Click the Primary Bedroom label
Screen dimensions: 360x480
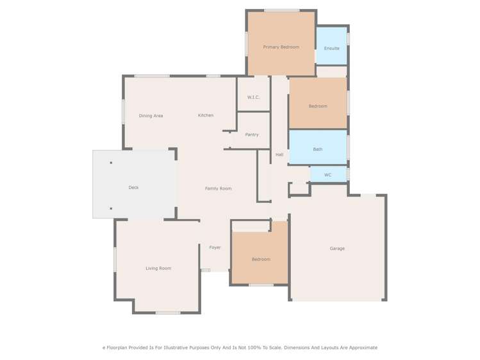(x=281, y=47)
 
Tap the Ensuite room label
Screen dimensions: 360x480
(x=331, y=48)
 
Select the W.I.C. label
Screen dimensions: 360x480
(x=252, y=97)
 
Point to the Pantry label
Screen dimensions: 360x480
(x=252, y=135)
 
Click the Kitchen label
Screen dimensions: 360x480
(x=206, y=115)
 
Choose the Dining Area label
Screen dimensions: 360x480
(x=151, y=116)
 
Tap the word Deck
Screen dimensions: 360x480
(x=133, y=188)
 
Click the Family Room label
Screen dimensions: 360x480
(x=218, y=188)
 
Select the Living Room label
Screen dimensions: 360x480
(x=158, y=268)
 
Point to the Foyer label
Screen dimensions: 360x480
(x=215, y=247)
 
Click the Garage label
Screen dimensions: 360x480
(x=337, y=249)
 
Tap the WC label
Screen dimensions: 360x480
(x=327, y=175)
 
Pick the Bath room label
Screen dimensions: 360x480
(x=318, y=149)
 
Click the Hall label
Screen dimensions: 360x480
(x=279, y=154)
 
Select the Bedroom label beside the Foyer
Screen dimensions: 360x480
(x=261, y=259)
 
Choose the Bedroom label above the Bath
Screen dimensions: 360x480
(x=318, y=106)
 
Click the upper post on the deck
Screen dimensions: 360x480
(x=111, y=163)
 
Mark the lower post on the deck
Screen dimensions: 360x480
(x=111, y=208)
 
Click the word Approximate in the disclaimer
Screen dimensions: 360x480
(x=361, y=347)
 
